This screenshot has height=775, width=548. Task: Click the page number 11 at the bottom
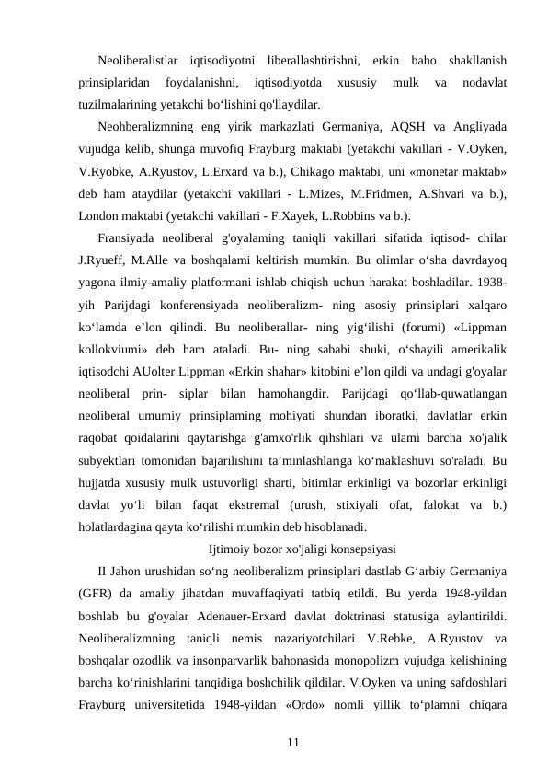(292, 715)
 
